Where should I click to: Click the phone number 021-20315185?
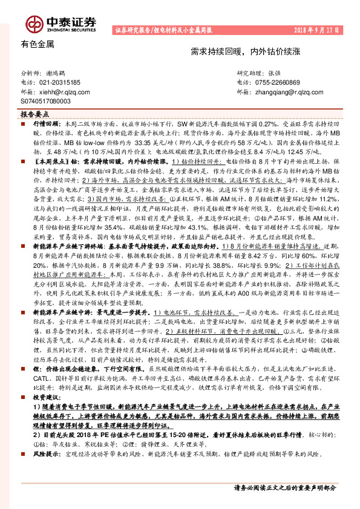61,82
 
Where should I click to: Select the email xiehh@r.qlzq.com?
64,92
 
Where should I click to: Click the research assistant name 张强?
275,72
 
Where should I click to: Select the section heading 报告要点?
35,114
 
